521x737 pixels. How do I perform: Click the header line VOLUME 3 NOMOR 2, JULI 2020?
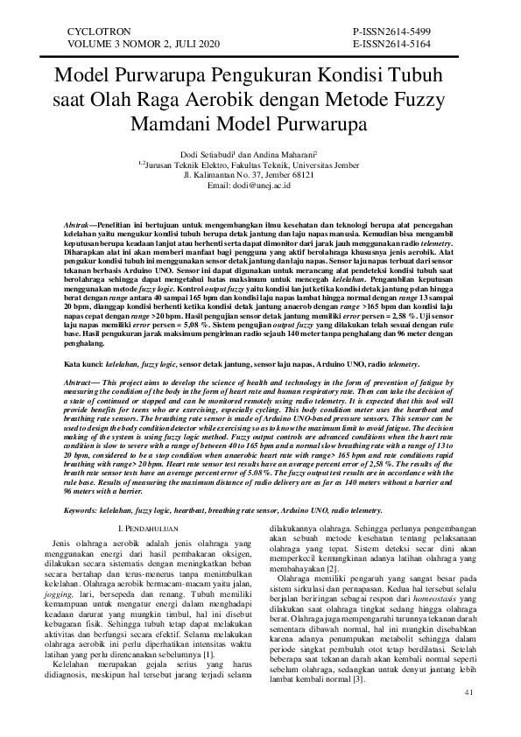click(132, 43)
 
